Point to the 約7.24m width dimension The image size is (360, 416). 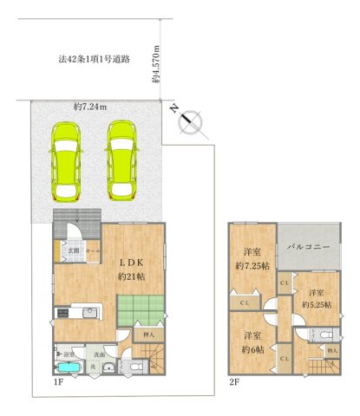point(89,107)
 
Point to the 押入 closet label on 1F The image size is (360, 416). point(148,334)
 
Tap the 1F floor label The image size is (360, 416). point(57,380)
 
